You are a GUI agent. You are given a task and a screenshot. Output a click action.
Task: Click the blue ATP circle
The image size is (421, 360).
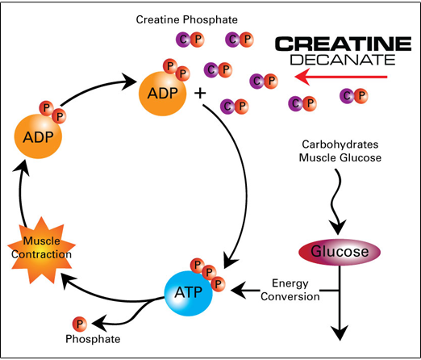188,293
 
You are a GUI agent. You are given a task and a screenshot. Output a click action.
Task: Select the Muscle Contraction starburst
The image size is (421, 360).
41,250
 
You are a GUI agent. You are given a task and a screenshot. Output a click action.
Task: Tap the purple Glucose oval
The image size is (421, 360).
340,252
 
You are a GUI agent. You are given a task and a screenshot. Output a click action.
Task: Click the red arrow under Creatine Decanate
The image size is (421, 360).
341,77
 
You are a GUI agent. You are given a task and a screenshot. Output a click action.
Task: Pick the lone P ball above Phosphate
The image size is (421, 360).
80,324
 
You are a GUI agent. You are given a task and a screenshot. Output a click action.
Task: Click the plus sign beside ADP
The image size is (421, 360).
200,94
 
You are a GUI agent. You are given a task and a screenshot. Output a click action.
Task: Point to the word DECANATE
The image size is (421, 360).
343,60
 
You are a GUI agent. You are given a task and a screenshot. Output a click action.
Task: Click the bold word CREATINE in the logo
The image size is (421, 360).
343,44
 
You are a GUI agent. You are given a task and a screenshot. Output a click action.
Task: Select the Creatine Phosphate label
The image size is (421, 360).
187,19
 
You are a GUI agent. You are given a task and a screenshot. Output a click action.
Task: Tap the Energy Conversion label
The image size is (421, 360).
290,290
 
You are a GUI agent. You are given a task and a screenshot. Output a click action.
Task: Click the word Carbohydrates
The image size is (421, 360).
340,144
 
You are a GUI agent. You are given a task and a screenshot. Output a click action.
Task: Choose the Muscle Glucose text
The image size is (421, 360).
340,157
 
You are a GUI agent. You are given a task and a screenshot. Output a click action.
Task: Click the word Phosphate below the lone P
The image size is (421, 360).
93,339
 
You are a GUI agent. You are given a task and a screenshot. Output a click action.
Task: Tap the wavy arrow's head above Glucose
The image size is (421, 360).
337,228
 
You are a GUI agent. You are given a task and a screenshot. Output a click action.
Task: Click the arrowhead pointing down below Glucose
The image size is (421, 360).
340,333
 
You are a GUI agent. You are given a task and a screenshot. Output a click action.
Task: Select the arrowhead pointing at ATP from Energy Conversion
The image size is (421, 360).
238,291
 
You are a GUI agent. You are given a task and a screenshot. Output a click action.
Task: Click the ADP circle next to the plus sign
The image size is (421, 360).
162,94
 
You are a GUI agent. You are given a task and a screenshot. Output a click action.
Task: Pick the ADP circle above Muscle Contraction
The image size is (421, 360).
38,136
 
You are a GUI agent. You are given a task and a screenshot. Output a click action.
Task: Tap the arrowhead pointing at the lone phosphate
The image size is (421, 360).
99,323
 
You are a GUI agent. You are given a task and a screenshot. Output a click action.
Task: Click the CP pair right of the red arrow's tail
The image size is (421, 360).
354,96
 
